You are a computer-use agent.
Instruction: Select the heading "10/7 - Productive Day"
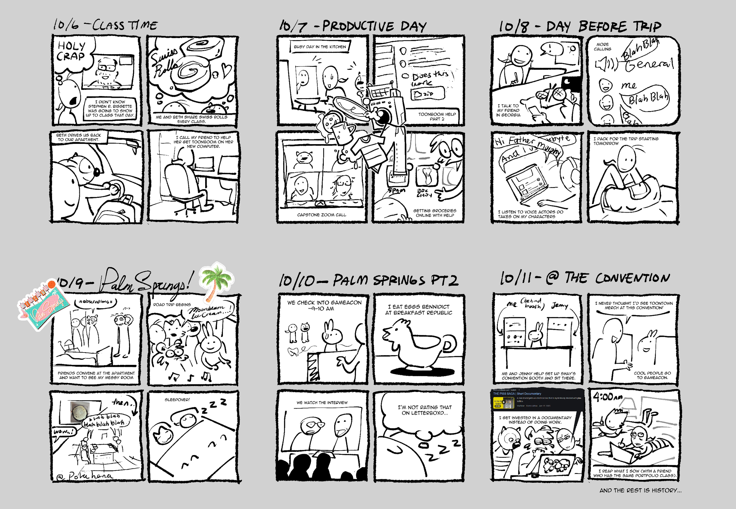pyautogui.click(x=353, y=26)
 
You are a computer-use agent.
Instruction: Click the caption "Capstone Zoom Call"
pyautogui.click(x=321, y=215)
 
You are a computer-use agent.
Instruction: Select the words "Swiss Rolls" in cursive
pyautogui.click(x=164, y=63)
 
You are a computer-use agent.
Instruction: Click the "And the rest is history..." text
pyautogui.click(x=640, y=490)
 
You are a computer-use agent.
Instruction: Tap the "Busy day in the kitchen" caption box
pyautogui.click(x=320, y=47)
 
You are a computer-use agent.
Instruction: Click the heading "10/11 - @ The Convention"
pyautogui.click(x=584, y=278)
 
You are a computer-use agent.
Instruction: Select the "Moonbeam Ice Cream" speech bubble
pyautogui.click(x=209, y=311)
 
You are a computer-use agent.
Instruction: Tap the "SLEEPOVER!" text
pyautogui.click(x=177, y=400)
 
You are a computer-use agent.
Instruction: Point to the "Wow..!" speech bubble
pyautogui.click(x=65, y=432)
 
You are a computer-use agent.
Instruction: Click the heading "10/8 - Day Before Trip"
pyautogui.click(x=580, y=26)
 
